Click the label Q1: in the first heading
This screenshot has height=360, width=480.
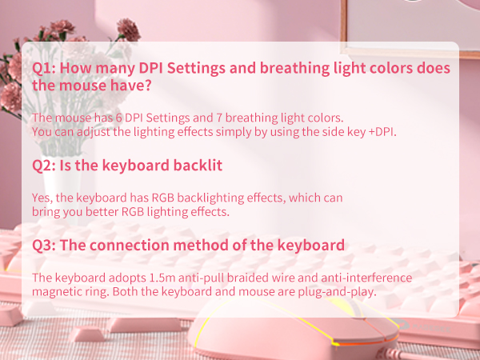pyautogui.click(x=43, y=69)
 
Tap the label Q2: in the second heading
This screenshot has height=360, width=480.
pyautogui.click(x=43, y=166)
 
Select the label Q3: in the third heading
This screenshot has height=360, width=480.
pyautogui.click(x=43, y=245)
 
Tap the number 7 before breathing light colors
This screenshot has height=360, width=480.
pyautogui.click(x=228, y=118)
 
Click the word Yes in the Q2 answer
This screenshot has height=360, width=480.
pyautogui.click(x=41, y=197)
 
